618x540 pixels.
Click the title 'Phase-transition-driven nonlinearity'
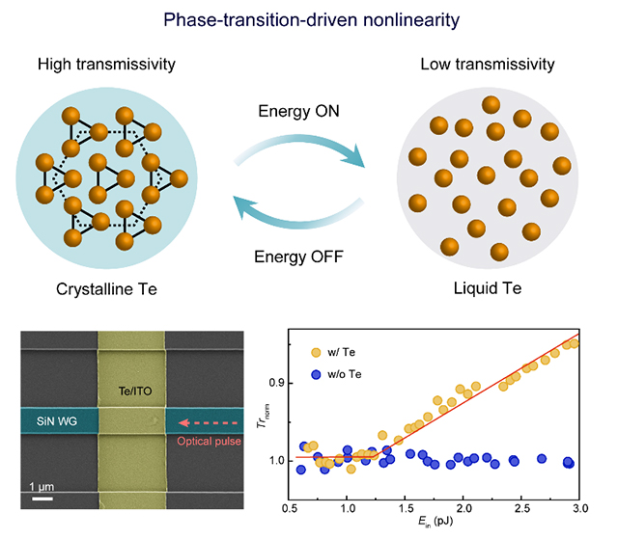(x=311, y=19)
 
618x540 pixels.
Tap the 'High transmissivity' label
(x=106, y=65)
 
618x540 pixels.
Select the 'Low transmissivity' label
(x=488, y=65)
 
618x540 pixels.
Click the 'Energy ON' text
(x=298, y=111)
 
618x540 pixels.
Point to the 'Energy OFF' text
(x=298, y=256)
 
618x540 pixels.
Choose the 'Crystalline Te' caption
(x=106, y=289)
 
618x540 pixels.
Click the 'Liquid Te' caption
(x=488, y=288)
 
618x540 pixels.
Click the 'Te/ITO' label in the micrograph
(x=135, y=391)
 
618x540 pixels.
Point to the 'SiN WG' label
(x=57, y=421)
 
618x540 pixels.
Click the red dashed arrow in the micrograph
(x=209, y=423)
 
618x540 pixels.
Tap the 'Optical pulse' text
(x=209, y=442)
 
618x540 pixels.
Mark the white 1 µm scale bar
(x=42, y=499)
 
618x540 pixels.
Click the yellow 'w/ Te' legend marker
(x=316, y=352)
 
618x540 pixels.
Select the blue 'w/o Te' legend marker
(x=316, y=374)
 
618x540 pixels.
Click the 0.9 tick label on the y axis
(x=277, y=383)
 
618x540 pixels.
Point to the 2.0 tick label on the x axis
(x=463, y=508)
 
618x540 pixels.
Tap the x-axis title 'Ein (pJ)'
(x=435, y=522)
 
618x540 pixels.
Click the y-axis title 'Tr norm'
(x=262, y=416)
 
